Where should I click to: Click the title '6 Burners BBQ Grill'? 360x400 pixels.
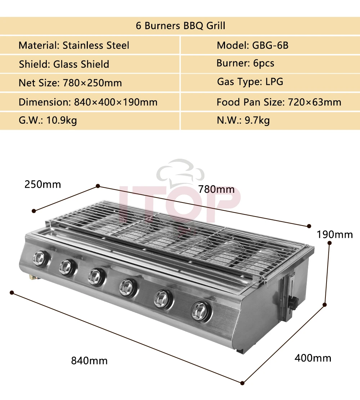pyautogui.click(x=180, y=26)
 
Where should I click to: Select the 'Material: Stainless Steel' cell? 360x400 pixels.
pyautogui.click(x=74, y=45)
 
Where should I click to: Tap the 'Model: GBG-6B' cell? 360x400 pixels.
pyautogui.click(x=252, y=45)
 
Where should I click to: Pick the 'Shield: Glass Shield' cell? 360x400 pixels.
pyautogui.click(x=64, y=64)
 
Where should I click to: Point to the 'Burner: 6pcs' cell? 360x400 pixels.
pyautogui.click(x=245, y=63)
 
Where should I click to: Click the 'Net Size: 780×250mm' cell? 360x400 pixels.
pyautogui.click(x=70, y=83)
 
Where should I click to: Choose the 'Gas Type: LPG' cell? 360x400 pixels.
pyautogui.click(x=250, y=82)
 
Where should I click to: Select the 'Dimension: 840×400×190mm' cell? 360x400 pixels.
pyautogui.click(x=88, y=102)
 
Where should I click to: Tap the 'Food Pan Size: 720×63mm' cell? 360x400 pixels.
pyautogui.click(x=279, y=102)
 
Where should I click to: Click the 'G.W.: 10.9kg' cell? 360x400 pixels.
pyautogui.click(x=48, y=120)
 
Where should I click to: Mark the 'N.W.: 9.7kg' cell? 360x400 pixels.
pyautogui.click(x=243, y=120)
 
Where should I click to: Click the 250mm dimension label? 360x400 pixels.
pyautogui.click(x=42, y=185)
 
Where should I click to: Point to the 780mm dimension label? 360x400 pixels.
pyautogui.click(x=216, y=189)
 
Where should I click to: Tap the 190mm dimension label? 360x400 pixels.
pyautogui.click(x=334, y=235)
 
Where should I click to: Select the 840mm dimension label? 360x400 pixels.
pyautogui.click(x=89, y=360)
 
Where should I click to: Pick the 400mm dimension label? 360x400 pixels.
pyautogui.click(x=313, y=358)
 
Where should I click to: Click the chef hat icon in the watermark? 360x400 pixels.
pyautogui.click(x=177, y=172)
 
